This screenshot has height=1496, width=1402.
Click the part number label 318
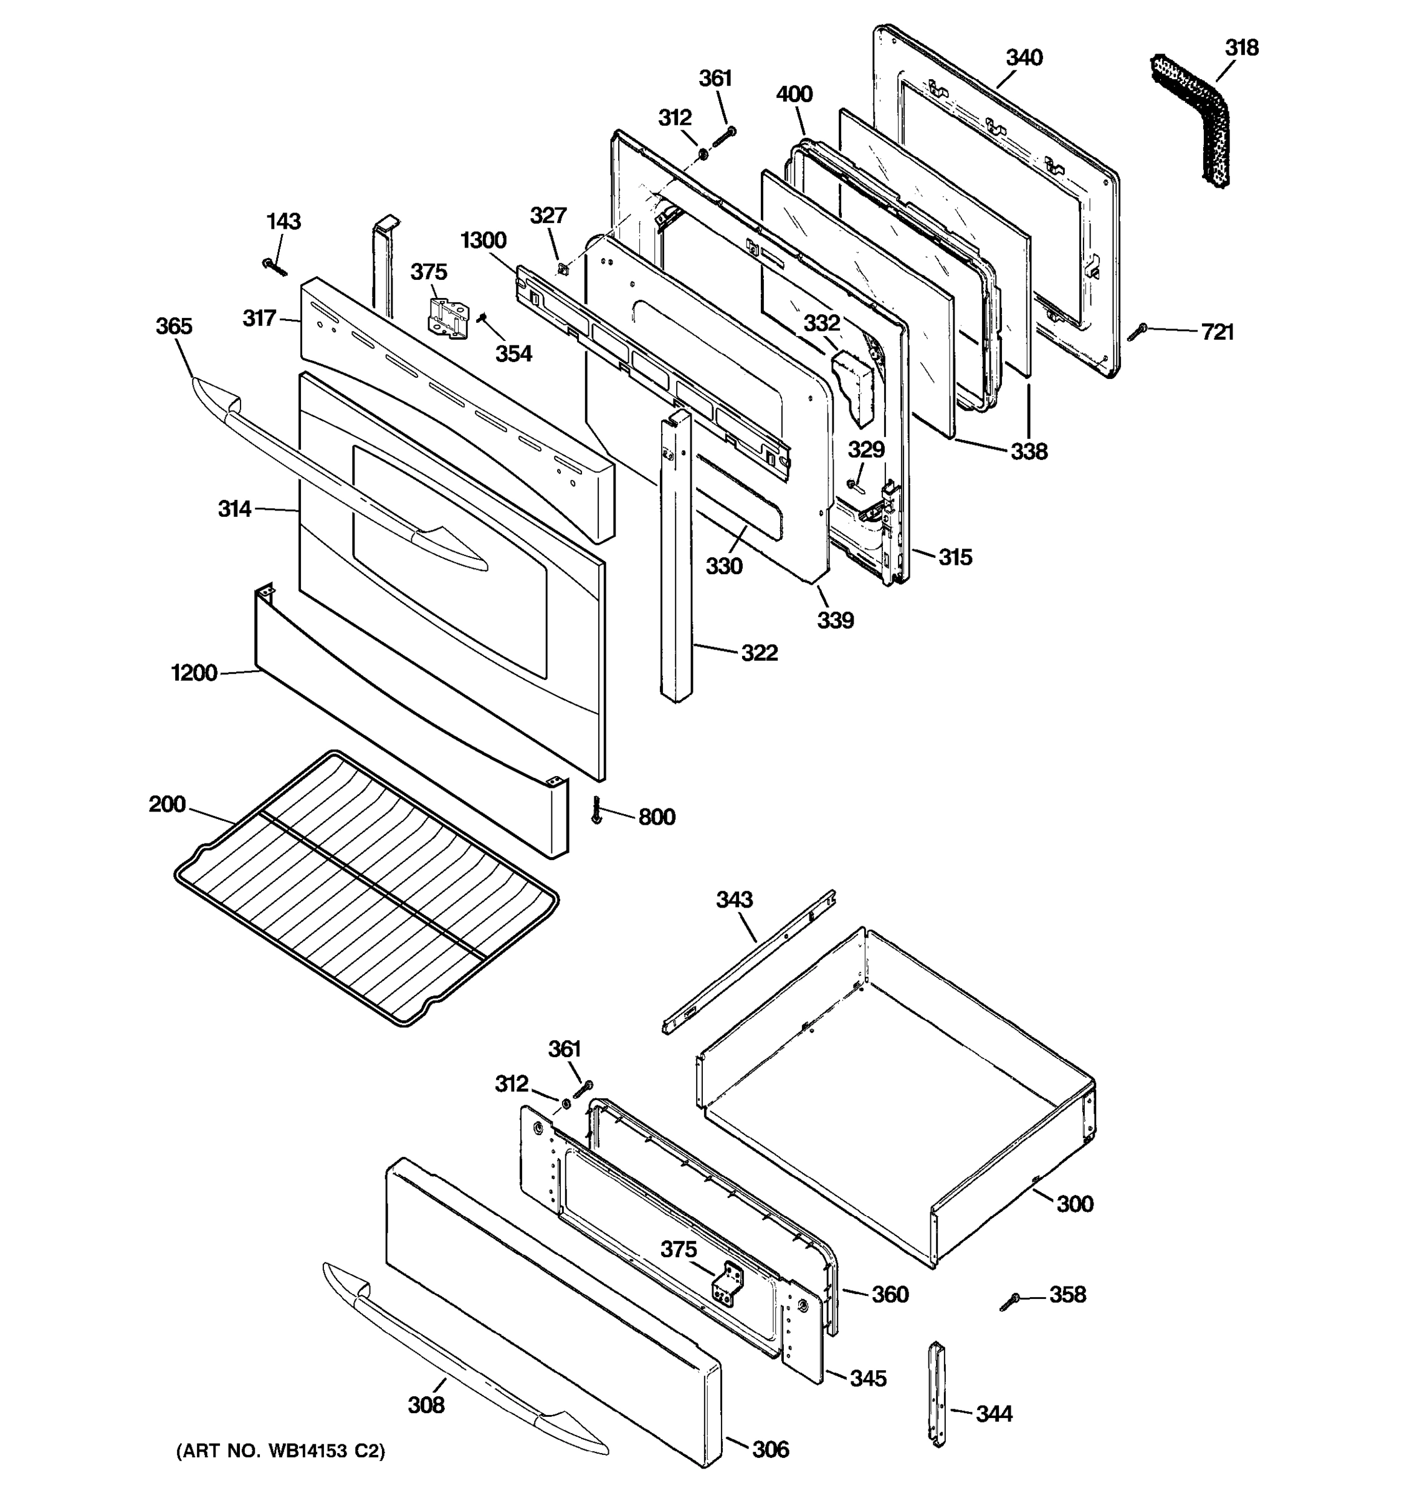click(x=1241, y=48)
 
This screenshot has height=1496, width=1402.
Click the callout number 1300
click(x=483, y=241)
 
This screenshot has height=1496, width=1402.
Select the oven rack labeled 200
click(x=367, y=888)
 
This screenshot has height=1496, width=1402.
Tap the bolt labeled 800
click(x=597, y=810)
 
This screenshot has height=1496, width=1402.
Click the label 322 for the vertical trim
click(x=759, y=653)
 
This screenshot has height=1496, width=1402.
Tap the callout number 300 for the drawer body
click(x=1075, y=1204)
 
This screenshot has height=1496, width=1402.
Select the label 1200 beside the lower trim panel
click(x=194, y=673)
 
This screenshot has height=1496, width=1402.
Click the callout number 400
click(x=794, y=94)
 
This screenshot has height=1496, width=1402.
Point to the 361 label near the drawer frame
click(x=564, y=1049)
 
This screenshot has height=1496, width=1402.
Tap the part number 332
click(x=821, y=323)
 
